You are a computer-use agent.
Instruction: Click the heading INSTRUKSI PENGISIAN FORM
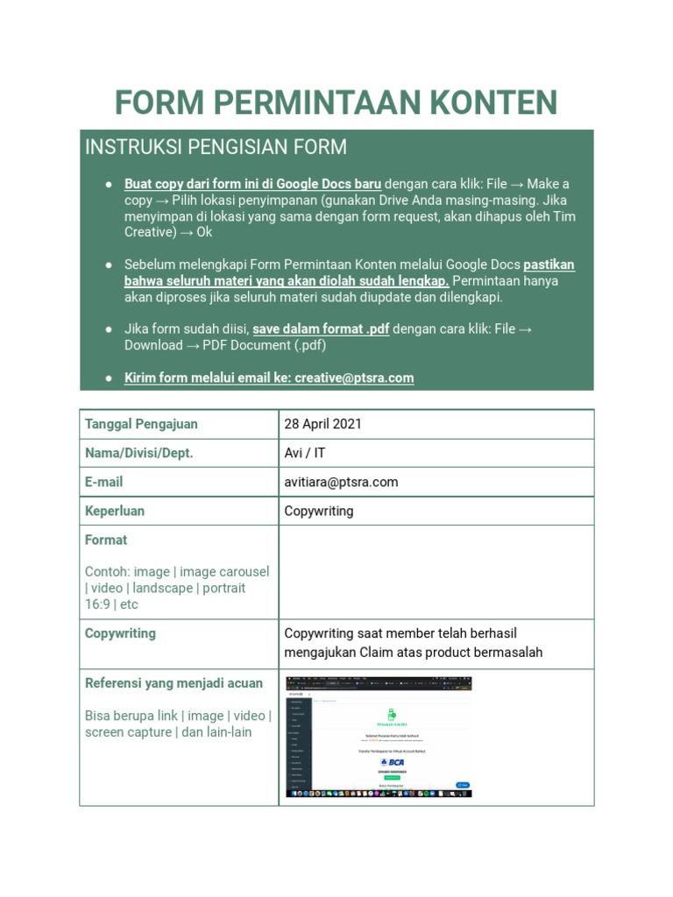(x=216, y=147)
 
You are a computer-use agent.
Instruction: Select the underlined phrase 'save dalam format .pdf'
(x=321, y=328)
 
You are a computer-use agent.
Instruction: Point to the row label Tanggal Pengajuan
(x=141, y=424)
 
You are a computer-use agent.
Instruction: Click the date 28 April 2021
(x=322, y=424)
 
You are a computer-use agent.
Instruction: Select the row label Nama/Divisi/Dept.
(x=138, y=453)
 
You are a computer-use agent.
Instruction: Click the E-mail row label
(x=103, y=482)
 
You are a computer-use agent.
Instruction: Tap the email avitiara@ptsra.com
(x=341, y=482)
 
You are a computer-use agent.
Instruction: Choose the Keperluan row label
(x=115, y=511)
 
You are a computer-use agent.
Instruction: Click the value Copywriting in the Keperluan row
(x=319, y=511)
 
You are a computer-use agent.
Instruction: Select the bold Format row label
(x=106, y=540)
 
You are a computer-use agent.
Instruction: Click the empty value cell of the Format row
(x=436, y=572)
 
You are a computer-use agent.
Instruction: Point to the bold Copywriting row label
(x=120, y=633)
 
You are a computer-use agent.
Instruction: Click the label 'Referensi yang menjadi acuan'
(x=174, y=683)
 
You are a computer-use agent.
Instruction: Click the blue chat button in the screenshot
(x=462, y=784)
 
